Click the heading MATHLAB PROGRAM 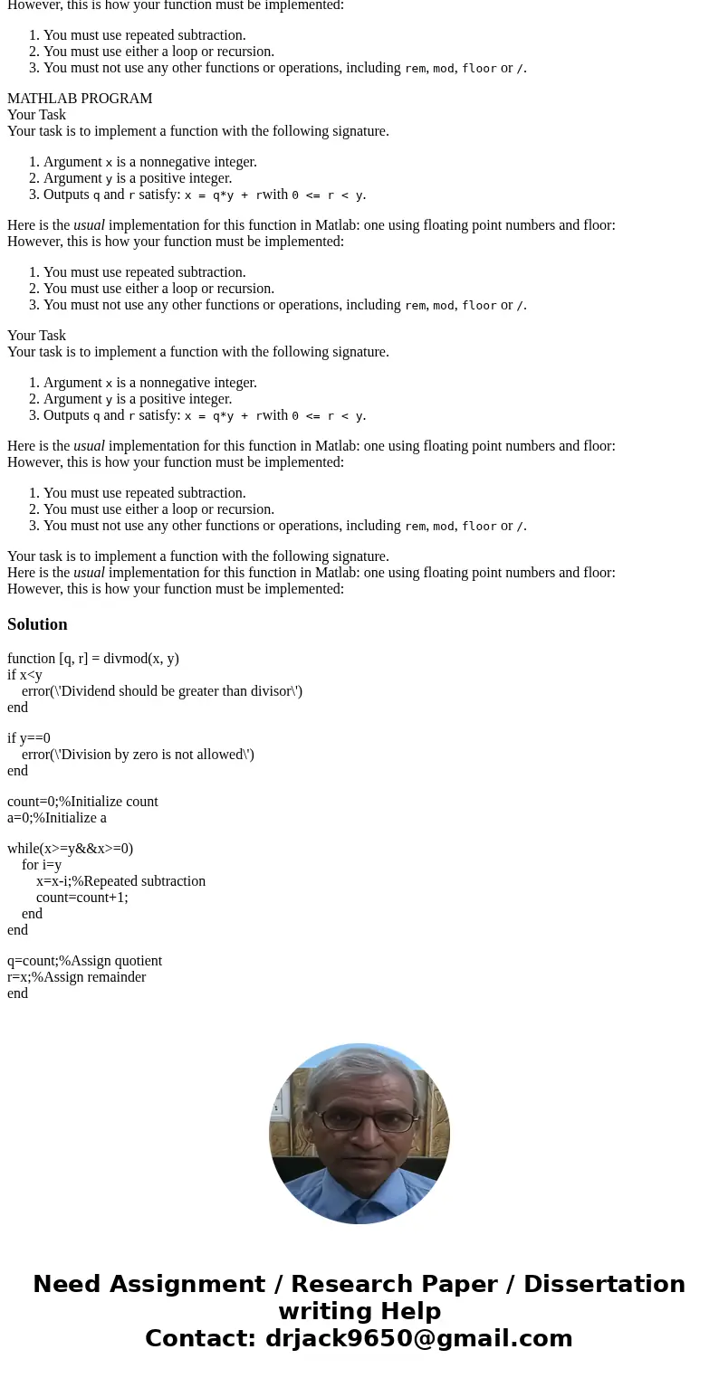click(80, 99)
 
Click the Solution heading click(37, 624)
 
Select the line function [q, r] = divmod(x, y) click(93, 659)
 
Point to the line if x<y click(24, 675)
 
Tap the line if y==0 click(29, 738)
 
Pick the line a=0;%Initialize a click(57, 818)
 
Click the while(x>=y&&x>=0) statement click(70, 849)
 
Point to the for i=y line click(42, 865)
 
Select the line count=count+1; click(81, 898)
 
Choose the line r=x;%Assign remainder click(76, 977)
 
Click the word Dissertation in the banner click(604, 1285)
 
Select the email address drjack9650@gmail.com click(418, 1339)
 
